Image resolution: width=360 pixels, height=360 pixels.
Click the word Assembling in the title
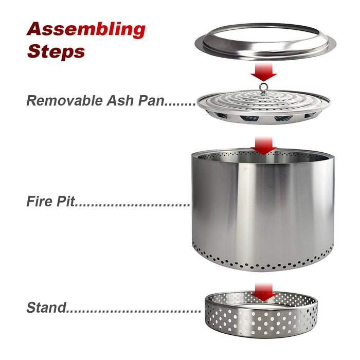(x=86, y=30)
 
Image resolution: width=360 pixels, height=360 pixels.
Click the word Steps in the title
(x=56, y=51)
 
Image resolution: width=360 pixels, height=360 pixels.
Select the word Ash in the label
(x=120, y=101)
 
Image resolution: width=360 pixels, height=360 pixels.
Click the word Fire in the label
(x=39, y=201)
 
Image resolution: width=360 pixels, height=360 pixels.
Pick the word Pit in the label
(x=65, y=201)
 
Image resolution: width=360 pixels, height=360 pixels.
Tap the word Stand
(x=46, y=308)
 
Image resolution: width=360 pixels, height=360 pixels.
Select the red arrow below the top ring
(x=263, y=71)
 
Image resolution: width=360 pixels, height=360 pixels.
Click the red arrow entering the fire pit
(x=263, y=146)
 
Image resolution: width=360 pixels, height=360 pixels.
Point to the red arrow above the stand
(x=263, y=292)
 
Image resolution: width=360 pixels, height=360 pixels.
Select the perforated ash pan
(x=263, y=107)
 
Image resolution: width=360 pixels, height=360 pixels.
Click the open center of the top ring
(x=265, y=34)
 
